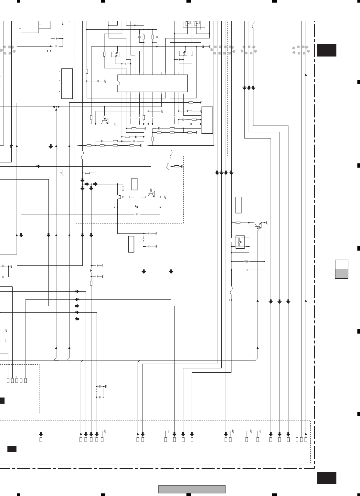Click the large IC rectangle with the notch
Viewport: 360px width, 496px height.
[x=152, y=83]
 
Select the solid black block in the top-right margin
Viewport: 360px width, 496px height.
[x=327, y=50]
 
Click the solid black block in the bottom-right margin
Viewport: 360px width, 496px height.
[x=327, y=478]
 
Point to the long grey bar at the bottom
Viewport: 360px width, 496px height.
[x=192, y=490]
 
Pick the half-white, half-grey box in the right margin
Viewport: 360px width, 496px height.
[x=342, y=269]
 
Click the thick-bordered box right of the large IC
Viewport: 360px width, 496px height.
[x=207, y=120]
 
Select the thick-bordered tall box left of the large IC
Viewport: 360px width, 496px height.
[x=67, y=84]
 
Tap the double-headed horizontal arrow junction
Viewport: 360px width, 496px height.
[x=56, y=107]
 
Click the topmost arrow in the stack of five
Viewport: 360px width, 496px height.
[x=77, y=291]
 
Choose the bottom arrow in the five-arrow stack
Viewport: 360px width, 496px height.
[x=77, y=319]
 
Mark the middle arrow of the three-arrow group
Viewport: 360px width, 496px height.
[x=249, y=88]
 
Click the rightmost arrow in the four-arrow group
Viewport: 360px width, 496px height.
[x=231, y=173]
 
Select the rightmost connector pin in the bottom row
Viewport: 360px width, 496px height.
[x=306, y=439]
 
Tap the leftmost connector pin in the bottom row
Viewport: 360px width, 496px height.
[x=41, y=439]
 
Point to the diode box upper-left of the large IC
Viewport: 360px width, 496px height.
[x=115, y=54]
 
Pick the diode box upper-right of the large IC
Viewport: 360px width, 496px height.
[x=183, y=53]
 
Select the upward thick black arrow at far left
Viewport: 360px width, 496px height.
[x=11, y=147]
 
